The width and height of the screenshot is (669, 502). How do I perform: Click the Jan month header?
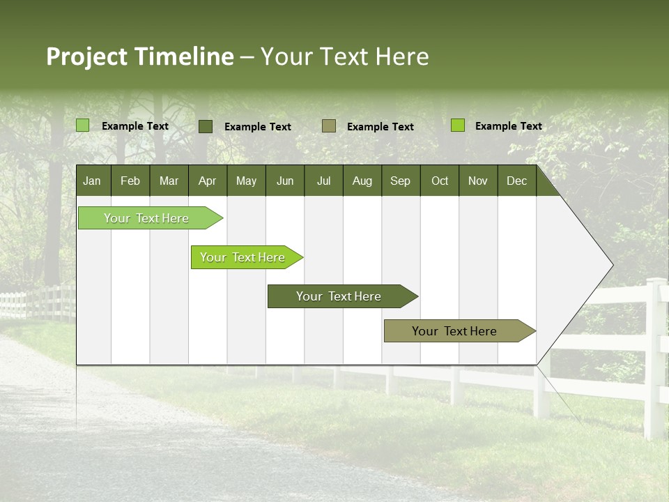(92, 181)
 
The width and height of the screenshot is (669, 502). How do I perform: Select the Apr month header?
(207, 181)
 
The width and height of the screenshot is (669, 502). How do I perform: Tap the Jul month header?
(323, 181)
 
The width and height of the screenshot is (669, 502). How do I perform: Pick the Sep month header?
(400, 181)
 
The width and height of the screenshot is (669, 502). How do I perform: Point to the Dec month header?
(516, 181)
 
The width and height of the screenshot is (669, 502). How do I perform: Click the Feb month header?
(130, 181)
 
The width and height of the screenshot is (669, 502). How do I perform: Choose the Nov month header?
(478, 181)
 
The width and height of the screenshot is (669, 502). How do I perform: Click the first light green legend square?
(82, 125)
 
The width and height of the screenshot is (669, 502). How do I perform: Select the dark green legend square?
(206, 126)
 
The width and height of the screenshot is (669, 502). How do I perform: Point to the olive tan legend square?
(329, 126)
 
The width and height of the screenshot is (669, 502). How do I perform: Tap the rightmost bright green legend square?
(458, 125)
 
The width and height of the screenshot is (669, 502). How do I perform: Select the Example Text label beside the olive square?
(380, 127)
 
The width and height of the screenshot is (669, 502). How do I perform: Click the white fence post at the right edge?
(655, 356)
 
